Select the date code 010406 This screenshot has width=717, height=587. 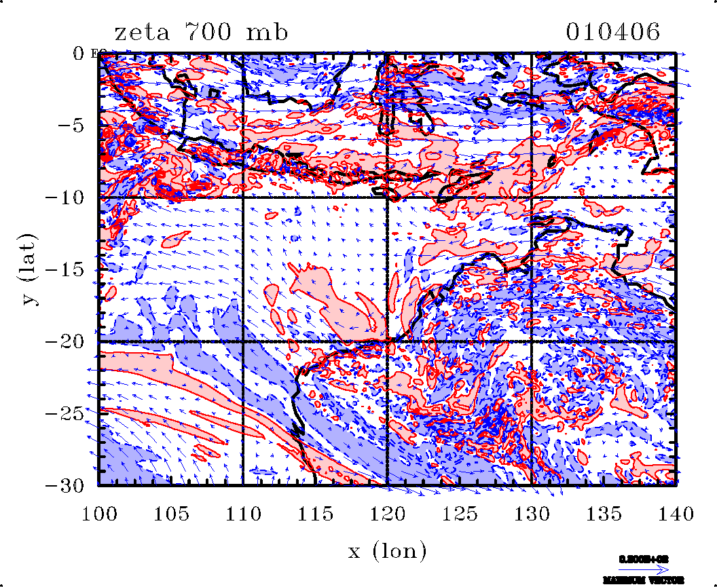[612, 33]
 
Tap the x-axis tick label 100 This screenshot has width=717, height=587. [99, 514]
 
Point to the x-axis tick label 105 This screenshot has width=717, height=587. [171, 514]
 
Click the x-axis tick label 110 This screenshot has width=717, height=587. [243, 514]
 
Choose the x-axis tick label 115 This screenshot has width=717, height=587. [315, 514]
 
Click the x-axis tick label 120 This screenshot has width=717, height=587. [387, 514]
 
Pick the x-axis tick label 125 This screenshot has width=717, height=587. [459, 514]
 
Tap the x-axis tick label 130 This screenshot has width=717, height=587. [531, 514]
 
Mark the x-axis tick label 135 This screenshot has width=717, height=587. [603, 514]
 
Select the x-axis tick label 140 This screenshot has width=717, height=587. [675, 514]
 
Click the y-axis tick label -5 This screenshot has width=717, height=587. [71, 126]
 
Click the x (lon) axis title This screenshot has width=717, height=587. [387, 551]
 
